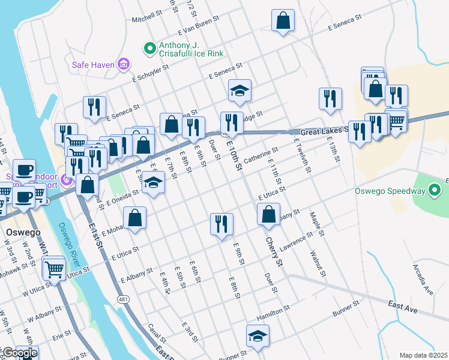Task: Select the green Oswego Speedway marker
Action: pos(435,191)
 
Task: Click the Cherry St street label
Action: pos(271,251)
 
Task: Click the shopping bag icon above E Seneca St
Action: pos(283,20)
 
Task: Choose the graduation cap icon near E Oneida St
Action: pos(154,182)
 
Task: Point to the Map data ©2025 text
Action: pos(424,355)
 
